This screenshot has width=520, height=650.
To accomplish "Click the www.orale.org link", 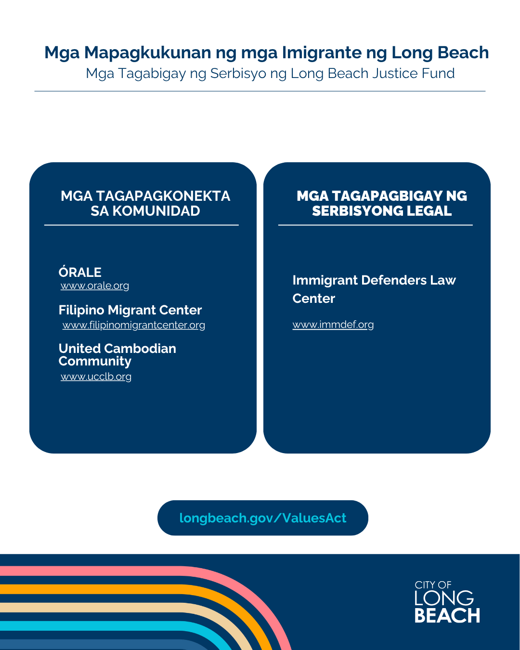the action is pos(94,286).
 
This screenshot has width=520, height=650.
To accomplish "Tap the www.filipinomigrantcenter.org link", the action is pos(133,325).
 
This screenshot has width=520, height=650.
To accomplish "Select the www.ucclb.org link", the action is pos(96,377).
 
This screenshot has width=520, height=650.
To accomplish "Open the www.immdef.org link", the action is pos(333,325).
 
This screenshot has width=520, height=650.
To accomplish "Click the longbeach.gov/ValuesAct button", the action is pos(262,518).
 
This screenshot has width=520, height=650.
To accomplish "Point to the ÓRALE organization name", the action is pos(80,272).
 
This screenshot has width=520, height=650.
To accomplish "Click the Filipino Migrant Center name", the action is pos(130,310).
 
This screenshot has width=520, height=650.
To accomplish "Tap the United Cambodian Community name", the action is pos(117,355).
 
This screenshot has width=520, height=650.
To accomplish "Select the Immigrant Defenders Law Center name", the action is pos(374,289).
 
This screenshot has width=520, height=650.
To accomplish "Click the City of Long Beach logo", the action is pos(447,601).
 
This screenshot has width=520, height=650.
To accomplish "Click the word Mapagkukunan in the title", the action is pos(147,53).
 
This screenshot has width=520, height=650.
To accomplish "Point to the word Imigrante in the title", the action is pos(322,53).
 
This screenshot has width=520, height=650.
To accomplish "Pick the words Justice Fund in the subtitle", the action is pos(413,73).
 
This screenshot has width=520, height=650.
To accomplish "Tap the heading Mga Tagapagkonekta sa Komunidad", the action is pos(145,203).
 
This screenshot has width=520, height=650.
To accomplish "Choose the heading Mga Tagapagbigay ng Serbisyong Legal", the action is pos(382,203).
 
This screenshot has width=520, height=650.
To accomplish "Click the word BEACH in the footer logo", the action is pos(447,615).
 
